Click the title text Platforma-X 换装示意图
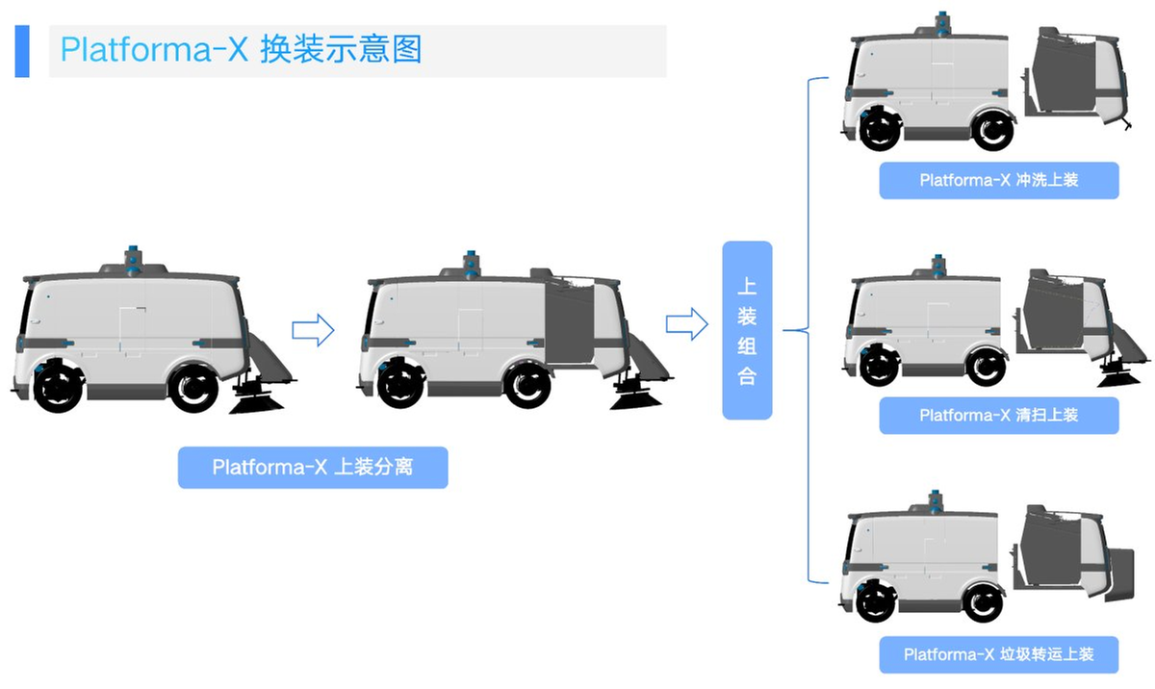[242, 49]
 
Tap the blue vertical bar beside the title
[22, 51]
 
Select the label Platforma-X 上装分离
[313, 468]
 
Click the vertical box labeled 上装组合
[747, 330]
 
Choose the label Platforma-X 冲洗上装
[999, 180]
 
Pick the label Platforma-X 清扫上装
[999, 416]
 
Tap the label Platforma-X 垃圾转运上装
[999, 654]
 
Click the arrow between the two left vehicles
[313, 330]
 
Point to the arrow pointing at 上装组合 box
[687, 324]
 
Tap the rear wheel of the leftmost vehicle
[194, 388]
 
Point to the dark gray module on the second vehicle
[569, 322]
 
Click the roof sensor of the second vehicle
[471, 265]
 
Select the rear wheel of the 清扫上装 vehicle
[986, 367]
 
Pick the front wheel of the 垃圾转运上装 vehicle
[876, 601]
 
